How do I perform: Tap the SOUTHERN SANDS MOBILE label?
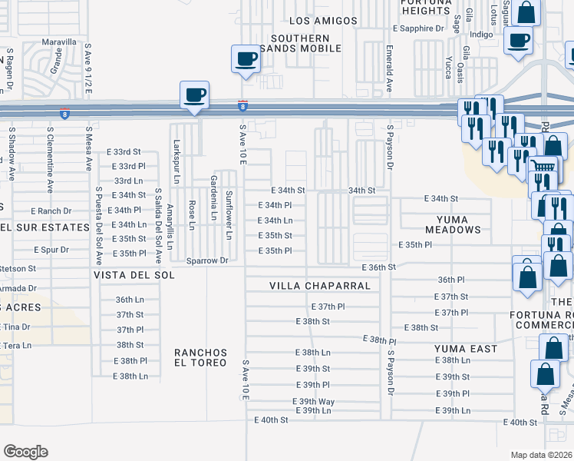pyautogui.click(x=305, y=43)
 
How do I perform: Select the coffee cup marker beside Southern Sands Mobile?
pyautogui.click(x=246, y=60)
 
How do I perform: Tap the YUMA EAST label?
pyautogui.click(x=466, y=349)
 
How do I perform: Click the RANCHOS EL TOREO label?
pyautogui.click(x=201, y=358)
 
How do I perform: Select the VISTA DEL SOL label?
pyautogui.click(x=125, y=274)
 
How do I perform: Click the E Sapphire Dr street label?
pyautogui.click(x=418, y=28)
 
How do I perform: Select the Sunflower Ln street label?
pyautogui.click(x=228, y=216)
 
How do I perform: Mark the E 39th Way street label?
pyautogui.click(x=313, y=402)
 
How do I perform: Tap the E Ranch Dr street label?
pyautogui.click(x=51, y=211)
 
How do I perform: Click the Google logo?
pyautogui.click(x=25, y=451)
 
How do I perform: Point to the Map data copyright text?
pyautogui.click(x=541, y=455)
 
